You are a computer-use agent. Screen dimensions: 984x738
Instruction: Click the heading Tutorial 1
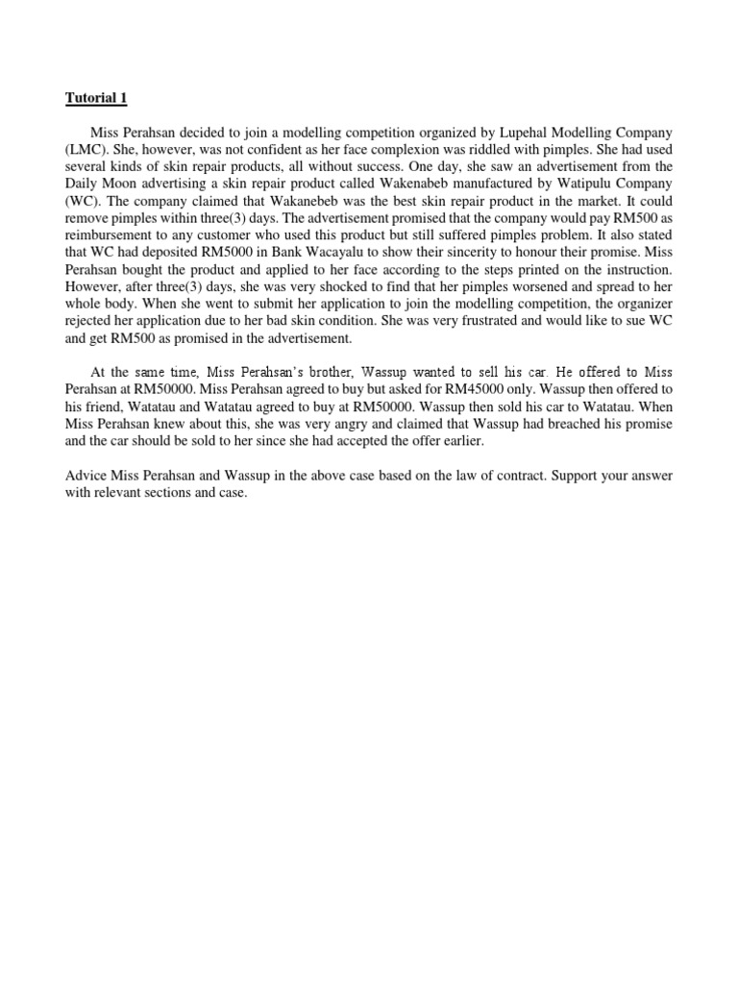95,98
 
